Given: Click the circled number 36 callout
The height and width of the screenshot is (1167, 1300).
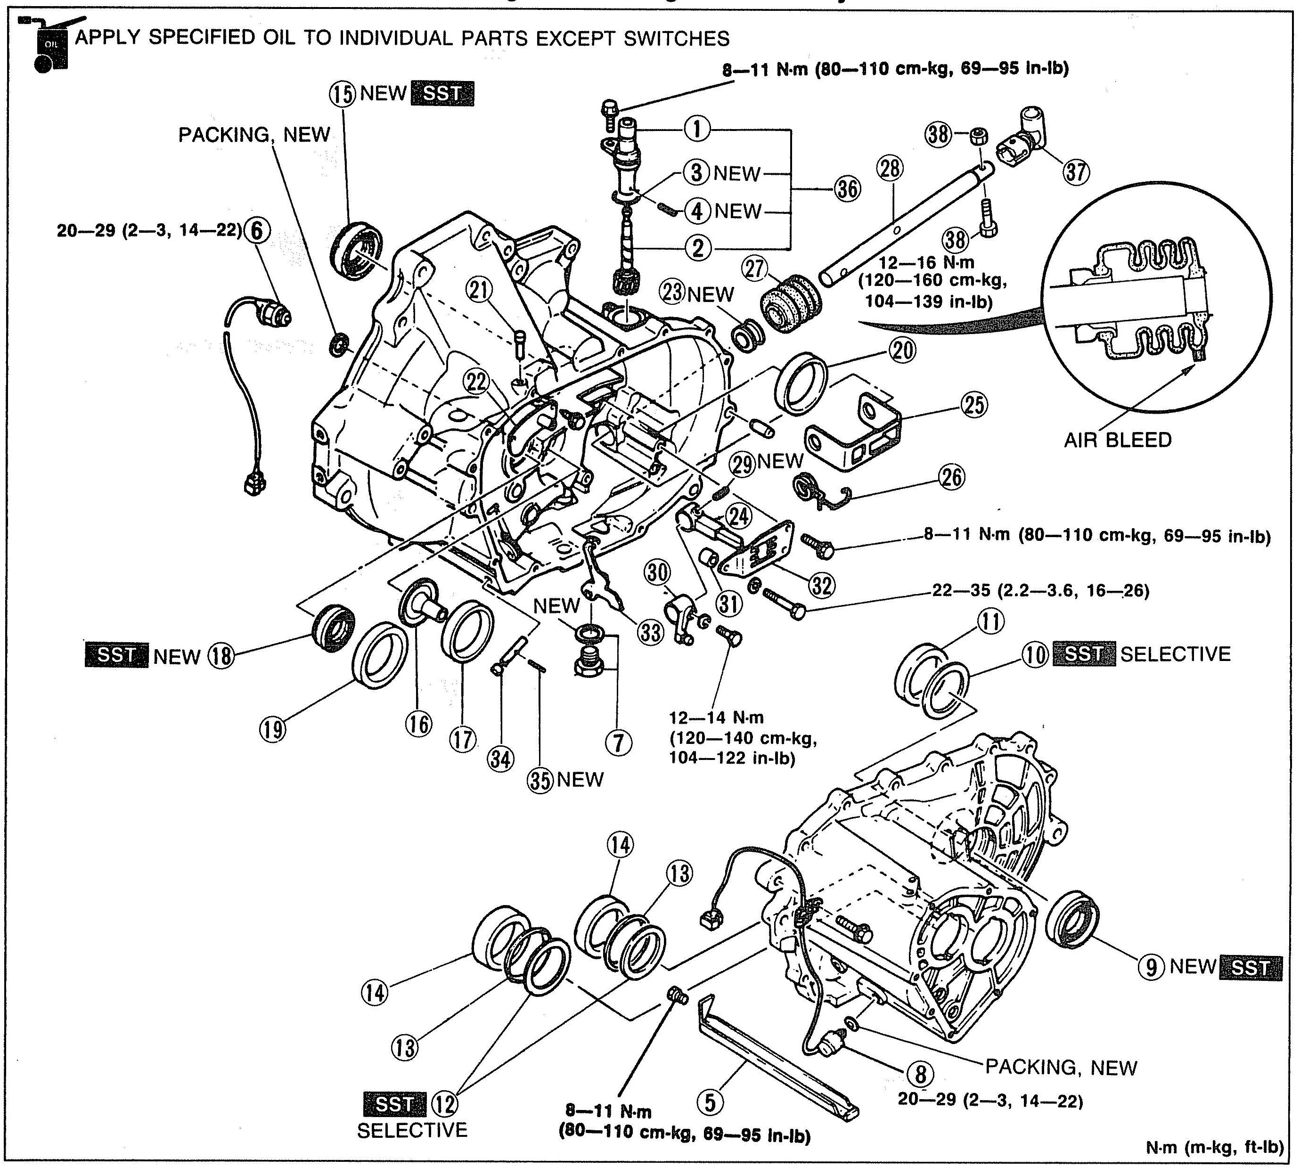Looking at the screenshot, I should (x=847, y=189).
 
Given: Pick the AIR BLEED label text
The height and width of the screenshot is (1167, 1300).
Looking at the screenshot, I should (x=1117, y=440).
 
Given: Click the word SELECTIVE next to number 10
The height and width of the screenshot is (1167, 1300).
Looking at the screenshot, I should (x=1175, y=654).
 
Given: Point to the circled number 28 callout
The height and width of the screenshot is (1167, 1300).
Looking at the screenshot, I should (x=890, y=169).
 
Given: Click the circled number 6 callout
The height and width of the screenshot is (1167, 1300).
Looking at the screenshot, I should (x=256, y=231).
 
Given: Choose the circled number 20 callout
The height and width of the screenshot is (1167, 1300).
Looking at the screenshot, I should (x=902, y=350).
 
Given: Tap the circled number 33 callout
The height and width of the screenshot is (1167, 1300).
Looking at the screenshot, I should (x=650, y=632).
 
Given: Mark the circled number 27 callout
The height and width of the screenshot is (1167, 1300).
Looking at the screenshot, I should (x=755, y=268).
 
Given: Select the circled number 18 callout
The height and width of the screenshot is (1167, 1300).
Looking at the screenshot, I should (x=220, y=657).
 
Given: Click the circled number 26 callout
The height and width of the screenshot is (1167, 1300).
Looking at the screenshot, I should (x=951, y=477).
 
